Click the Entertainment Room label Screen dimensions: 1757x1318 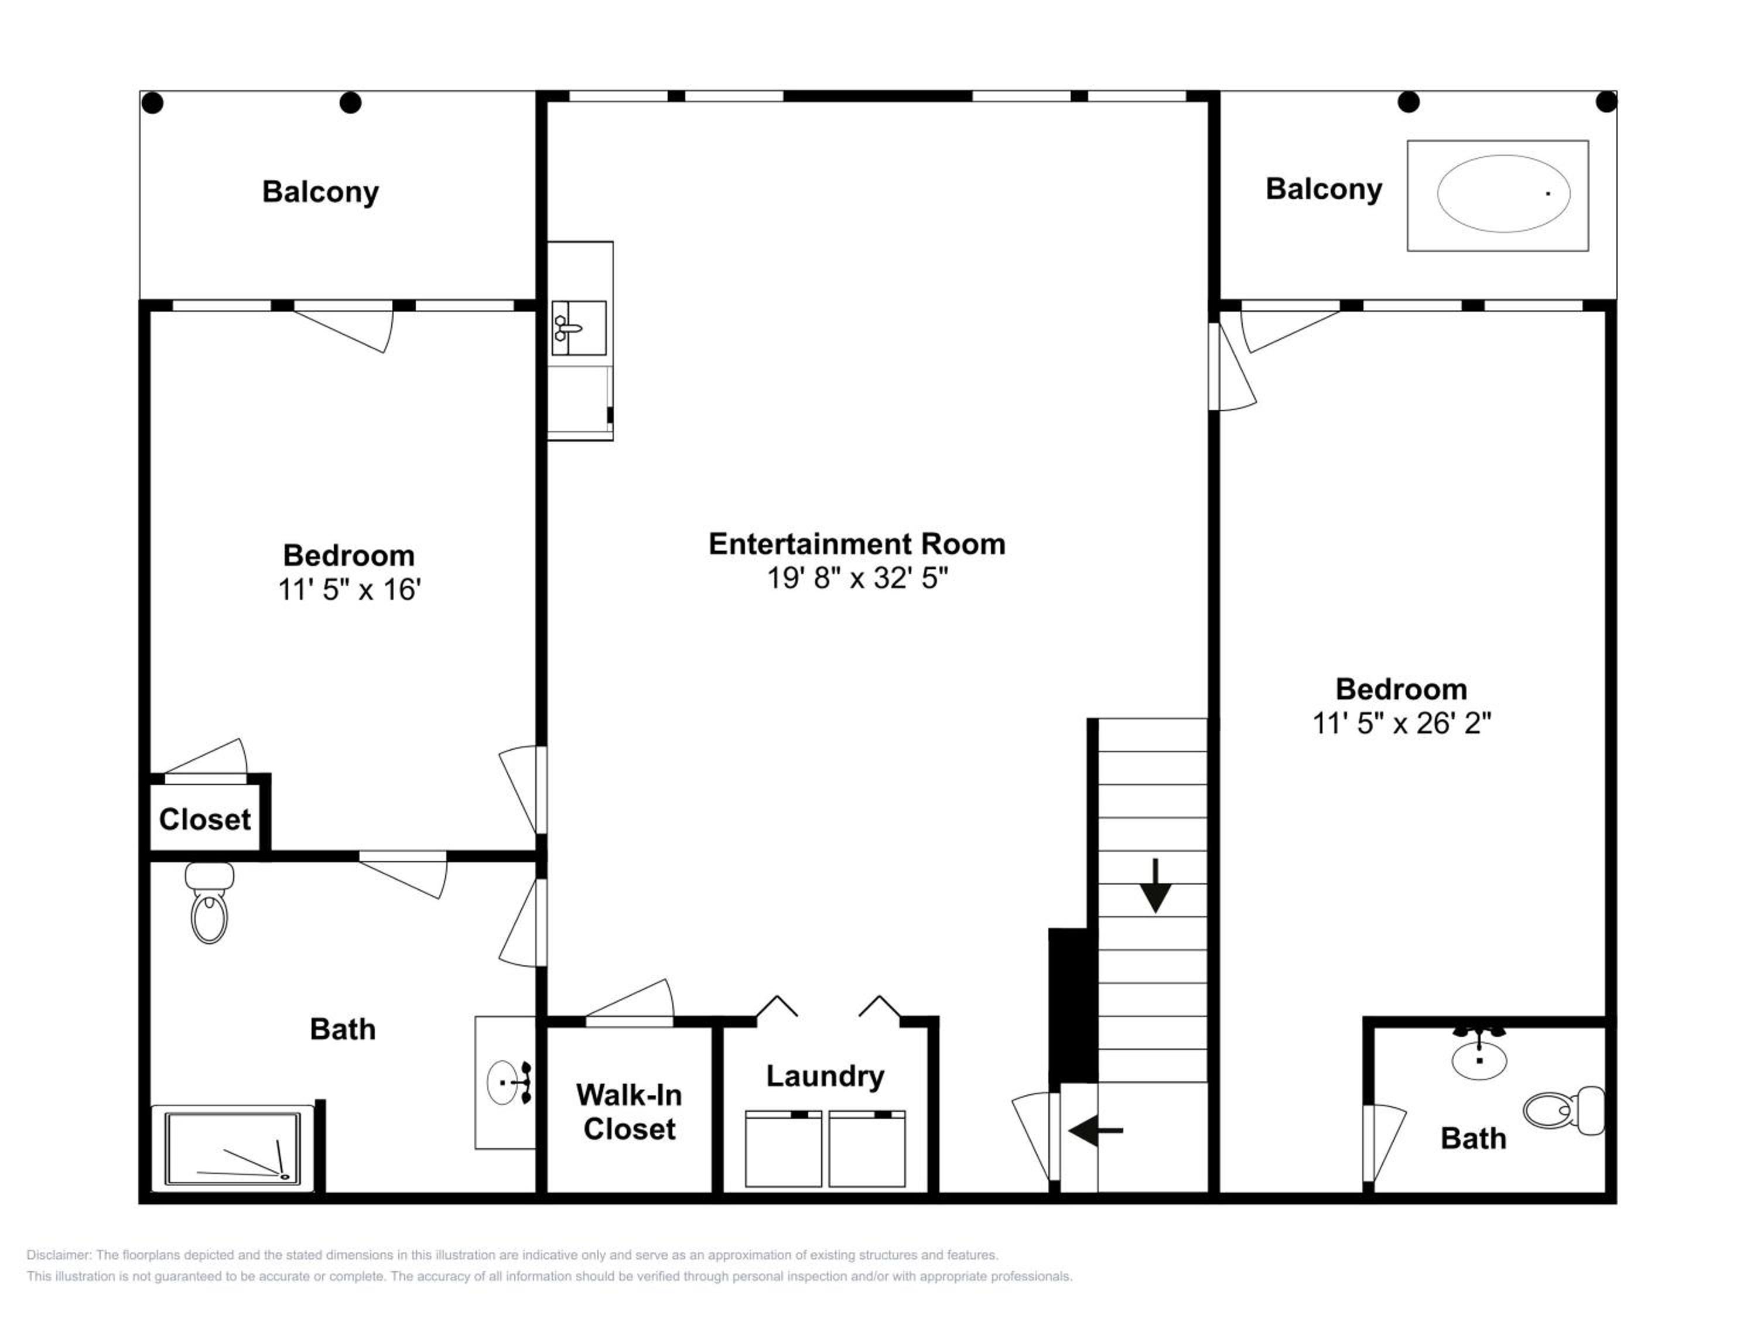click(857, 544)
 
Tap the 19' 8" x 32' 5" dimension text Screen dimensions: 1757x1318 click(857, 578)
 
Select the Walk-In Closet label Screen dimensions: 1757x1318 click(629, 1112)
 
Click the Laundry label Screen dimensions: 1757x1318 click(825, 1077)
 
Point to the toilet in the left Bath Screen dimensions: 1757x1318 click(210, 903)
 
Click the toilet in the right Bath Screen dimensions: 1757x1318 click(1563, 1111)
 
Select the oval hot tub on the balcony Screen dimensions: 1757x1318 click(1503, 194)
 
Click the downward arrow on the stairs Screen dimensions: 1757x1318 click(1156, 886)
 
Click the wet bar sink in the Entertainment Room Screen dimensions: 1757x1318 click(579, 327)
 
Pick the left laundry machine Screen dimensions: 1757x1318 click(783, 1149)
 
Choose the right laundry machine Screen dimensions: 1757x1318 click(867, 1149)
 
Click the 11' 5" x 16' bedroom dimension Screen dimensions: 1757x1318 click(348, 590)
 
